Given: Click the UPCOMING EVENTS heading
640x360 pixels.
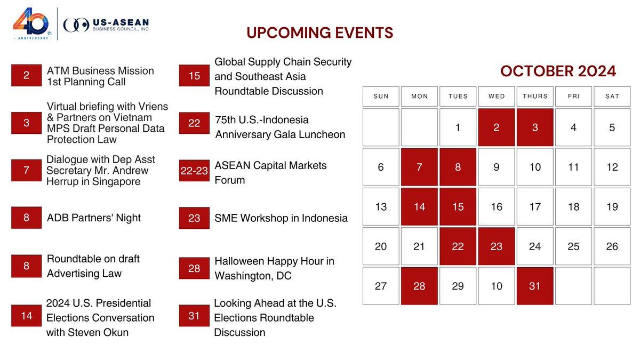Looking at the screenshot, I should [319, 33].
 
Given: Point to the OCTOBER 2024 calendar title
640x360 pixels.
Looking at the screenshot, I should [558, 71].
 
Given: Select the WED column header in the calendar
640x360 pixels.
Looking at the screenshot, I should [497, 96].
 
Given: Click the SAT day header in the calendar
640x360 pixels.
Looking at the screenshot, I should [612, 96].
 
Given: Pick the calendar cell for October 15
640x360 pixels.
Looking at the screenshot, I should [458, 206].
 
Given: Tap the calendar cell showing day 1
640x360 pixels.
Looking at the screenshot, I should [458, 127].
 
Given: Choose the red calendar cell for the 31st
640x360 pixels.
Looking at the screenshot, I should [535, 286].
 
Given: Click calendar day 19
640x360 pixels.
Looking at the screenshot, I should [612, 206].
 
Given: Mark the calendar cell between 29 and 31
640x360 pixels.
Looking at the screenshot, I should [497, 286].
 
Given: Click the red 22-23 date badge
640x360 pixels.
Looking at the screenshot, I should [194, 170].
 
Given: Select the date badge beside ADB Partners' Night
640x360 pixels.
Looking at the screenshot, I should [26, 218].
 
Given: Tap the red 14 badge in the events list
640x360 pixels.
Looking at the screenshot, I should [26, 316].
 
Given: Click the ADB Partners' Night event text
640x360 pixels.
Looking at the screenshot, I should [94, 218].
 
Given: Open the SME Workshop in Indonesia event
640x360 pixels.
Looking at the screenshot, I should [281, 218].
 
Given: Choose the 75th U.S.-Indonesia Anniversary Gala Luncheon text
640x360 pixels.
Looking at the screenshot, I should [280, 127].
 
